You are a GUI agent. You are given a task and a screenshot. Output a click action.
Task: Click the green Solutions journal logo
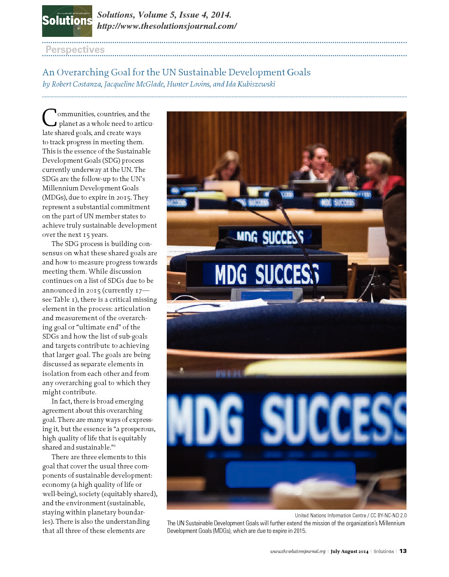[67, 21]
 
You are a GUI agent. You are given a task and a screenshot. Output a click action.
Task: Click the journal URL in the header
[167, 26]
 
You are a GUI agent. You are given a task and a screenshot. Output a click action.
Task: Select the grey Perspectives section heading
[75, 49]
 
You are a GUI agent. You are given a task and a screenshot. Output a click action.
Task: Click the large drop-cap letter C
[49, 118]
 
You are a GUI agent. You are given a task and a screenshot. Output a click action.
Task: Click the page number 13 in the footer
[403, 551]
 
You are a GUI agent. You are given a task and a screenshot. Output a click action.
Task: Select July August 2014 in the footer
[349, 551]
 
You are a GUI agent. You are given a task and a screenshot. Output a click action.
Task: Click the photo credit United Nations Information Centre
[330, 515]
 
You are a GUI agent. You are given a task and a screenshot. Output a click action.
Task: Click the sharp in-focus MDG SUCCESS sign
[267, 274]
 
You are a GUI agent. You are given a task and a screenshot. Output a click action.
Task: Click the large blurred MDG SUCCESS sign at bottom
[287, 417]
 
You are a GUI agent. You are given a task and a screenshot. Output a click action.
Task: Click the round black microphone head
[275, 197]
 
